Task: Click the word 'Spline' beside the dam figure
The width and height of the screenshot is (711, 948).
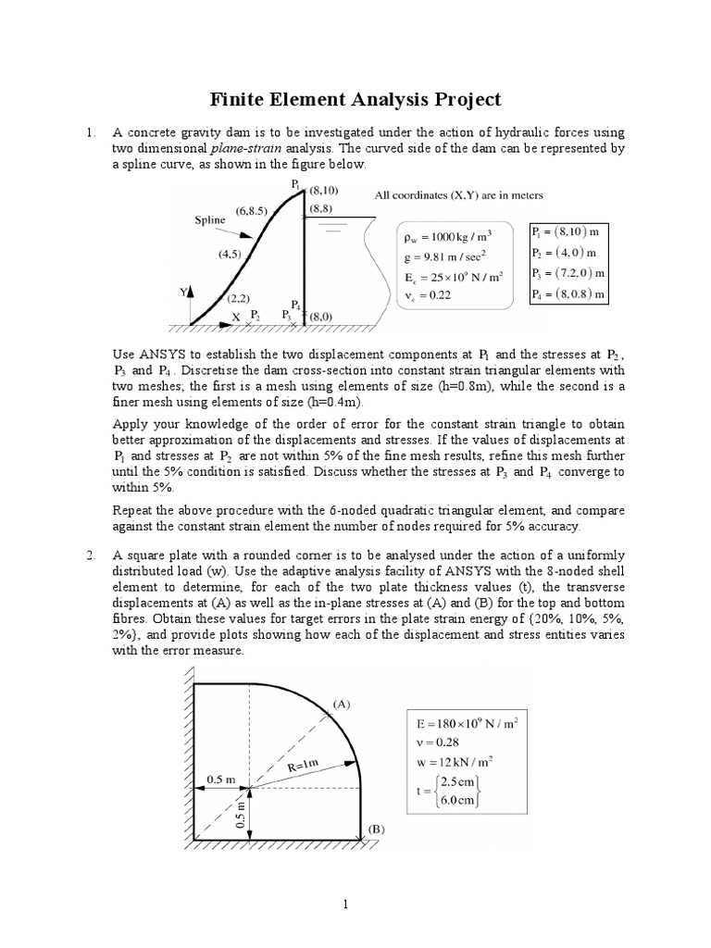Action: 210,220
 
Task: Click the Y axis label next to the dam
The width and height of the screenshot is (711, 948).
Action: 181,292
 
